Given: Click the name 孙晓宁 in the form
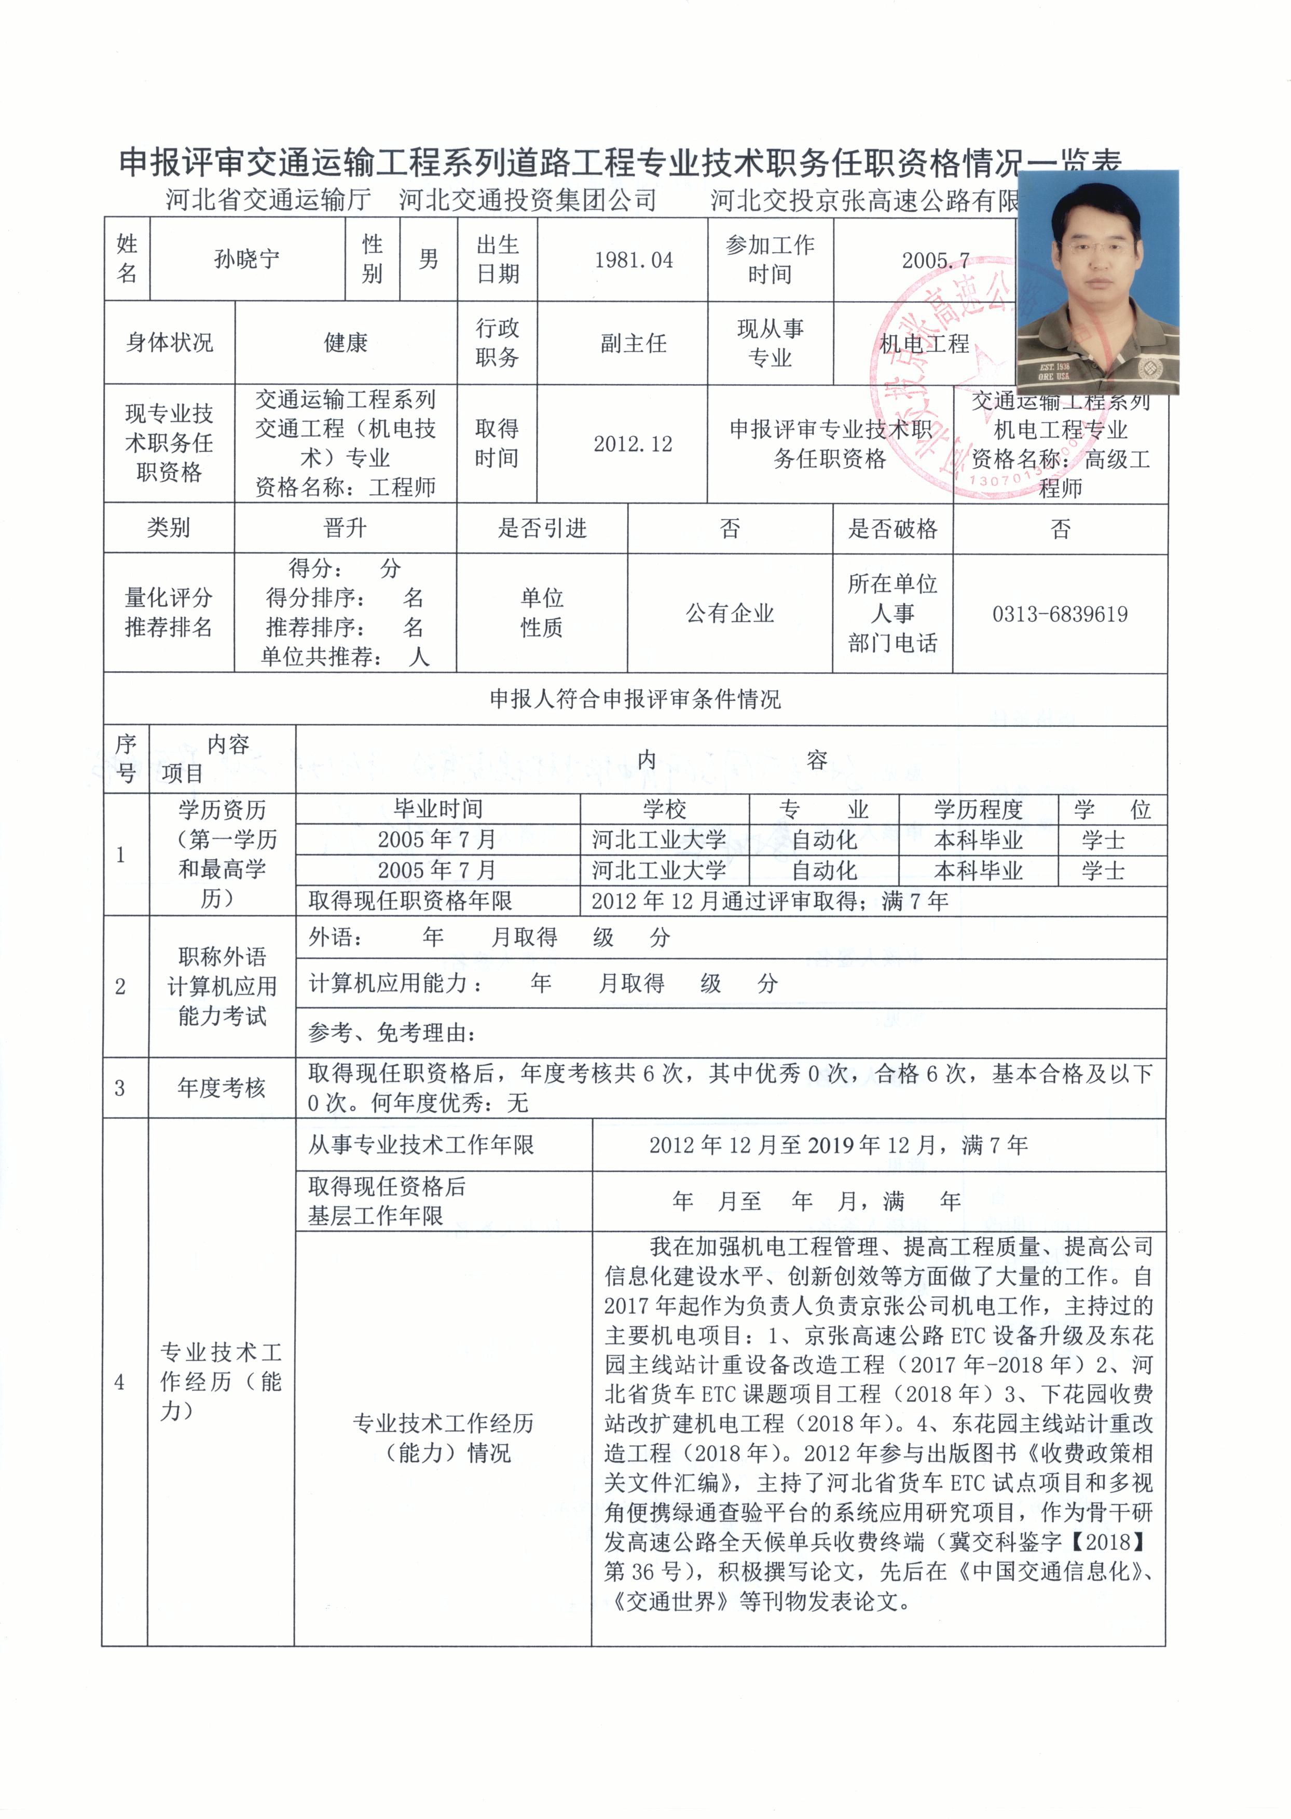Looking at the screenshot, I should click(x=246, y=259).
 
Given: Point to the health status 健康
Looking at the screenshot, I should click(x=345, y=343).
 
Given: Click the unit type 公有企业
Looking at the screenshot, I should click(x=730, y=613).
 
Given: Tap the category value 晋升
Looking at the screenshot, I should click(x=345, y=528).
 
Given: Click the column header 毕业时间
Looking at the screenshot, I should click(x=438, y=809).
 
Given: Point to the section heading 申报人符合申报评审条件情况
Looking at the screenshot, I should click(x=635, y=699).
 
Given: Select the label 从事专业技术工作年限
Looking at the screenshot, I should click(x=421, y=1145).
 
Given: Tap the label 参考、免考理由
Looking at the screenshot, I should click(x=392, y=1033).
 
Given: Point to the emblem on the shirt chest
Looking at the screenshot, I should click(x=1146, y=368).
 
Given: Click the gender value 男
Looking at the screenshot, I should click(x=429, y=259).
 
